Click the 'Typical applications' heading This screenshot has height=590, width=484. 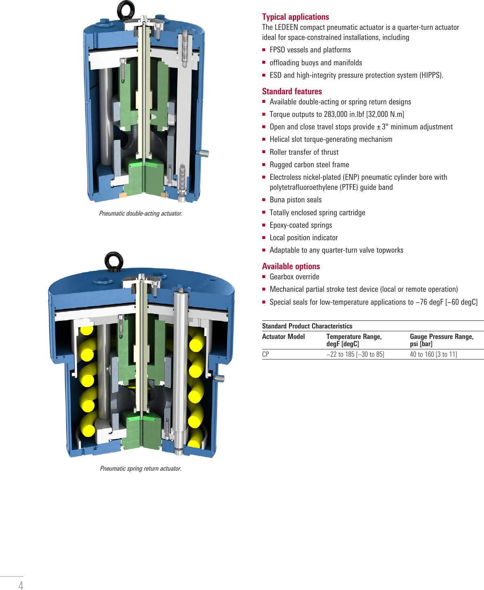click(295, 17)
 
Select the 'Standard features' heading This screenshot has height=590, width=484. click(292, 91)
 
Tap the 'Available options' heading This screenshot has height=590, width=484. click(291, 266)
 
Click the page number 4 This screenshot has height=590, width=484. click(21, 585)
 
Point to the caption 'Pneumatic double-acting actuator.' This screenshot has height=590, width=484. click(140, 214)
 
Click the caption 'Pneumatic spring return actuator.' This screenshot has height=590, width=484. click(140, 469)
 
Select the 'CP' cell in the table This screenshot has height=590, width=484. click(265, 354)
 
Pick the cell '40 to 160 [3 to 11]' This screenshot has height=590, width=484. click(433, 354)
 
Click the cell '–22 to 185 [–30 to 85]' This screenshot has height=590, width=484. click(355, 354)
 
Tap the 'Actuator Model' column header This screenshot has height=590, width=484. click(283, 337)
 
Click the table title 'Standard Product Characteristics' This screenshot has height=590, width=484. click(307, 326)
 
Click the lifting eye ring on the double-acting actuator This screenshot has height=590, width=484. click(126, 9)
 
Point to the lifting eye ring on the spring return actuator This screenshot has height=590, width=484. click(114, 261)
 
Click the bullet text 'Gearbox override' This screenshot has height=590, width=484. click(294, 277)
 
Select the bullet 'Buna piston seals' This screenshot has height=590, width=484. click(295, 200)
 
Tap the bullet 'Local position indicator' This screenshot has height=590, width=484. click(303, 238)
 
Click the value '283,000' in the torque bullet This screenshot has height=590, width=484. click(335, 114)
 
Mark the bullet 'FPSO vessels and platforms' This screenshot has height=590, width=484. click(310, 50)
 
